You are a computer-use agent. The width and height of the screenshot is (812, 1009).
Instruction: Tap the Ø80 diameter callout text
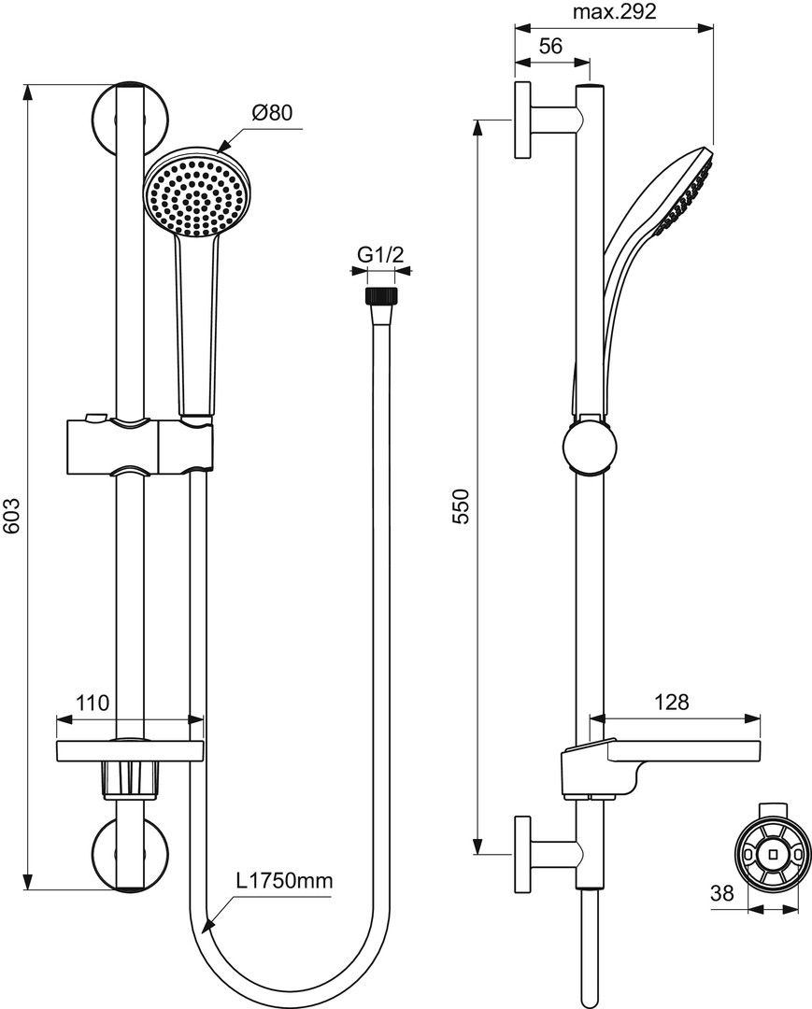[x=272, y=113]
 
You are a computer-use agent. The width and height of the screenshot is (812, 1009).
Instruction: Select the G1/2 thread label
[x=380, y=255]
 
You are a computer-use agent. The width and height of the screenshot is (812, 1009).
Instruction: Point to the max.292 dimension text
[x=615, y=11]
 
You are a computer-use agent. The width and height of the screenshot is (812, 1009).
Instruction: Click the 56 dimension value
[x=550, y=46]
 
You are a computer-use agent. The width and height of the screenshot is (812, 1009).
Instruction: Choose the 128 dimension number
[x=671, y=702]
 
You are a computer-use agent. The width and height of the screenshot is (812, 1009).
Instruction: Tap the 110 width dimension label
[x=93, y=702]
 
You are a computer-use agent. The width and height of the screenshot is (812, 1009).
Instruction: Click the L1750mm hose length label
[x=284, y=880]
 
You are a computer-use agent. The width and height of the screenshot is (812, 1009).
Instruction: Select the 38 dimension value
[x=722, y=892]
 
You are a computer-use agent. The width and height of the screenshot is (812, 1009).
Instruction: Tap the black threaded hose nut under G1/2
[x=381, y=297]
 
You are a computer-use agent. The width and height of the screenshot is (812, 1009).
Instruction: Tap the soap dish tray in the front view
[x=130, y=750]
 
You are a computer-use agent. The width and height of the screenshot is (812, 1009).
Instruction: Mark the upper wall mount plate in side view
[x=522, y=121]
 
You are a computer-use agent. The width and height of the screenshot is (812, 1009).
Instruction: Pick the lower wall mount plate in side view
[x=522, y=855]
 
